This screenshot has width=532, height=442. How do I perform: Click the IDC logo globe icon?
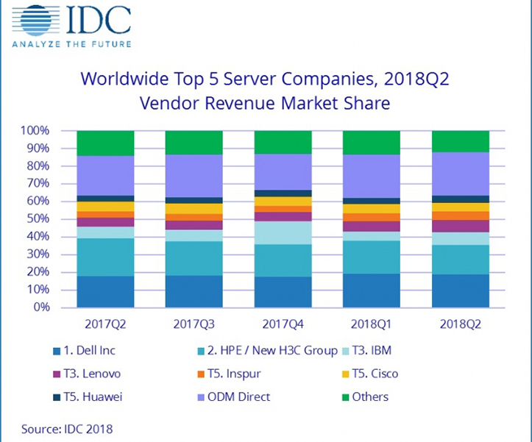tap(33, 20)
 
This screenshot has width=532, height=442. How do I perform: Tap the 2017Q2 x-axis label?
tap(105, 324)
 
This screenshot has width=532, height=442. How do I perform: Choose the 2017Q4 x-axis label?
tap(282, 324)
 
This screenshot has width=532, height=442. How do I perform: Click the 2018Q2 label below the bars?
tap(460, 324)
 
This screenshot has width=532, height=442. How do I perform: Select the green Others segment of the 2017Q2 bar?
tap(105, 143)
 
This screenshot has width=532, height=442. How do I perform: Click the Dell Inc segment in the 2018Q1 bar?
tap(371, 290)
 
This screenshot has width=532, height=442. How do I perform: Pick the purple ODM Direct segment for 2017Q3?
tap(194, 176)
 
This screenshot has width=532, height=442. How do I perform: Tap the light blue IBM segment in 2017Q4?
tap(282, 232)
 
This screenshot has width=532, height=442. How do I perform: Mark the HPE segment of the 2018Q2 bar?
tap(460, 260)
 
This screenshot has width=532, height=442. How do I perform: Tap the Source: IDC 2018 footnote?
tap(68, 427)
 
